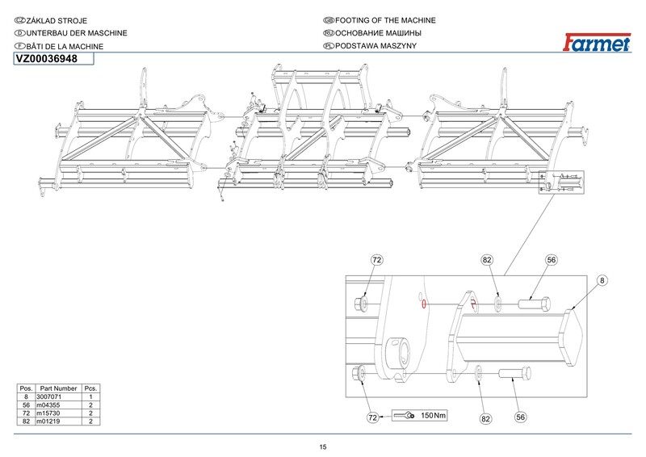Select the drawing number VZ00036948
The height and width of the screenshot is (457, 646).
(x=47, y=59)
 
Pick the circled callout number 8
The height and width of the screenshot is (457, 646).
(x=602, y=280)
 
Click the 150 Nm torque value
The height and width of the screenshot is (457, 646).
(x=434, y=416)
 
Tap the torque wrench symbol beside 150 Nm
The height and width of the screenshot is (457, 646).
(x=404, y=416)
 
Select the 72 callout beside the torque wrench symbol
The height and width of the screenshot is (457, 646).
(x=372, y=417)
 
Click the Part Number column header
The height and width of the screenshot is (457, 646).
(x=59, y=389)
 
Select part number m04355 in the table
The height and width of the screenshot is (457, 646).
(x=49, y=405)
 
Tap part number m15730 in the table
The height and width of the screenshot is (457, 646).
(x=49, y=413)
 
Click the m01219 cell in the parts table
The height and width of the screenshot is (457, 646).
(x=49, y=421)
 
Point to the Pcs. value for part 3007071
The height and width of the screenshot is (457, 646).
(x=91, y=397)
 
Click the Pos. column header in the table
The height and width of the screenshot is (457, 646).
(x=26, y=389)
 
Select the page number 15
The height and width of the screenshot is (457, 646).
(x=323, y=447)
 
